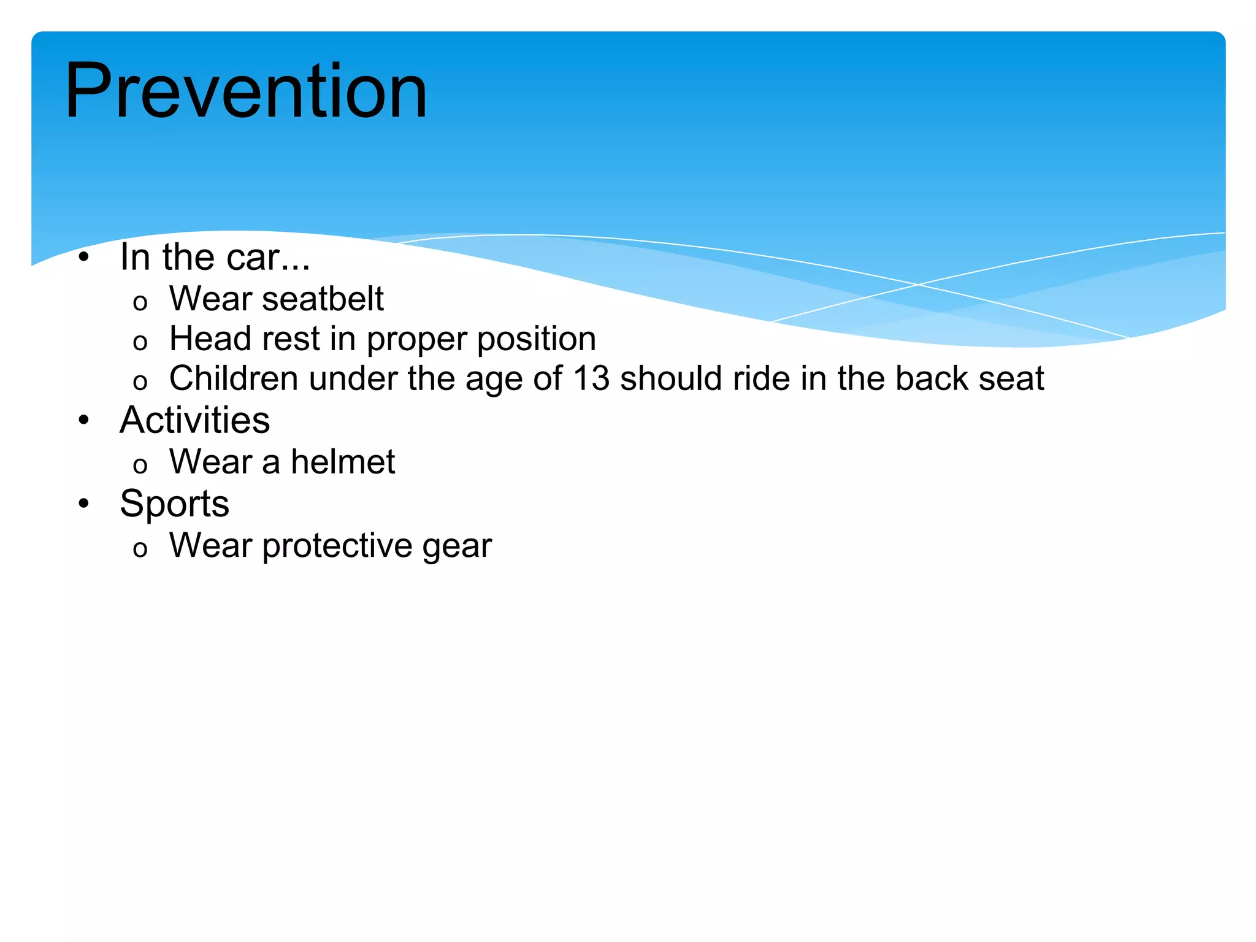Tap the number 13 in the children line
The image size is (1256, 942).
[591, 378]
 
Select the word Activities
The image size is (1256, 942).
[194, 421]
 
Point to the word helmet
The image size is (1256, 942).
[343, 462]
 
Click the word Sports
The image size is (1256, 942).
[174, 504]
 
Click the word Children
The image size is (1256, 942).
[234, 378]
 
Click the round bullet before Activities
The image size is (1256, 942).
[84, 421]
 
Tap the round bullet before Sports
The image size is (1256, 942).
[84, 504]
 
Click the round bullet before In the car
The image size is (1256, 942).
[84, 257]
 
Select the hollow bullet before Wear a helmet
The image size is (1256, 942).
[140, 465]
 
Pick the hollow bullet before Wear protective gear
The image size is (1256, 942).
[140, 549]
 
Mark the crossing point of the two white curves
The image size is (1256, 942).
[918, 285]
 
